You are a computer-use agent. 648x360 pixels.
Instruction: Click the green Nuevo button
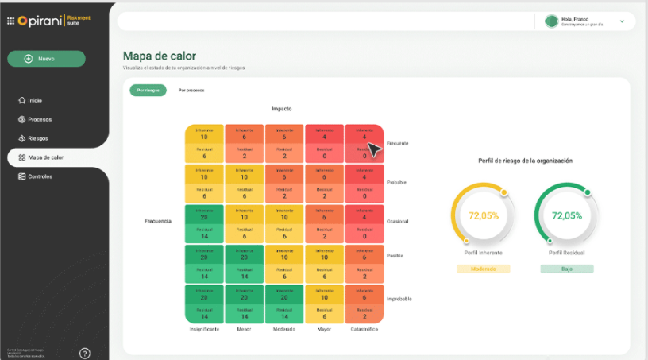click(x=46, y=59)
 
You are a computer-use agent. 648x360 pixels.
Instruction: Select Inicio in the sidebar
click(x=34, y=101)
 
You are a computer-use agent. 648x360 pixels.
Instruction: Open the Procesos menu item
click(x=39, y=119)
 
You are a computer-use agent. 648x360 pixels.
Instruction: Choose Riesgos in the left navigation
click(x=37, y=138)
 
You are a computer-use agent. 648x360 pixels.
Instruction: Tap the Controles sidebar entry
click(x=40, y=176)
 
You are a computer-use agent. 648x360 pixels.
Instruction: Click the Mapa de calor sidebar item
click(x=45, y=157)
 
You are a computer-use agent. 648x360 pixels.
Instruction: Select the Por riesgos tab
click(x=148, y=90)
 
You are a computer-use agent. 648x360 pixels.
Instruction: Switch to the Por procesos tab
click(x=191, y=90)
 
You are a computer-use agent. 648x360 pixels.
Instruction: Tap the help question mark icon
click(x=85, y=353)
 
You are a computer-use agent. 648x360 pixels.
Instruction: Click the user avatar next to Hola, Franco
click(x=551, y=21)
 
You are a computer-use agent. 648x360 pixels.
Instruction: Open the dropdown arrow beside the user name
click(x=622, y=21)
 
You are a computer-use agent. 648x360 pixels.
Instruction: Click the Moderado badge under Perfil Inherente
click(x=483, y=269)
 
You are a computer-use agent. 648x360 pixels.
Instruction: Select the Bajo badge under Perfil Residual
click(x=567, y=269)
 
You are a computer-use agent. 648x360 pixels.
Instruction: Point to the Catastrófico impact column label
click(x=365, y=328)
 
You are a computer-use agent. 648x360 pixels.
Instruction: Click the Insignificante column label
click(x=204, y=328)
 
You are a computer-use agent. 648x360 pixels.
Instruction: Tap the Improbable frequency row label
click(x=399, y=299)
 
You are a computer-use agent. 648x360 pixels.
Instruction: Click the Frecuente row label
click(x=398, y=144)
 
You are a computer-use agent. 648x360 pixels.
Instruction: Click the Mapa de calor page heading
click(x=159, y=56)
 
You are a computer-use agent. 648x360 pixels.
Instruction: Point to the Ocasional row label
click(x=398, y=221)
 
